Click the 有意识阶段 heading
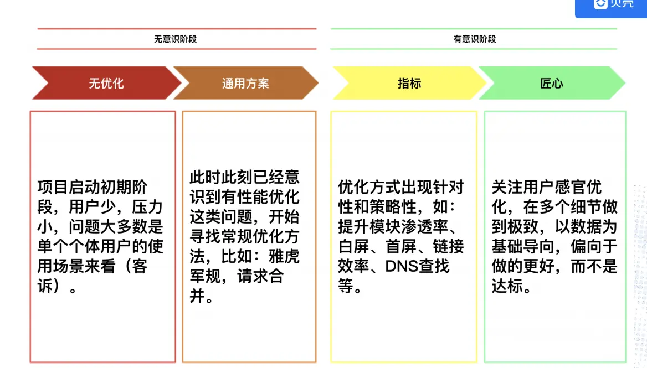coord(475,39)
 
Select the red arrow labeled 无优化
coord(106,84)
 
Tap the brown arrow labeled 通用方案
coord(245,84)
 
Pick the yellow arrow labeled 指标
coord(409,84)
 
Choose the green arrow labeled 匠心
coord(552,84)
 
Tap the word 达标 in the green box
coord(507,286)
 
